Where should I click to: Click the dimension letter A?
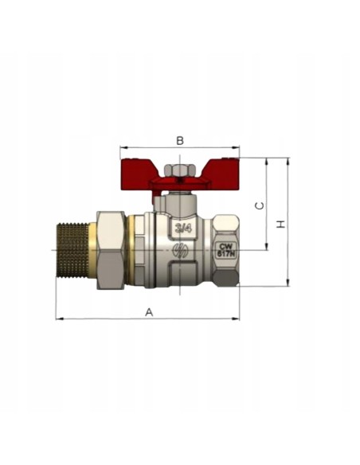148,312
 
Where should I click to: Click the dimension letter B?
180,141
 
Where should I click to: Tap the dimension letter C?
259,205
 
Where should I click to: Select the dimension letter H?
281,224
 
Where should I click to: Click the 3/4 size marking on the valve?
182,229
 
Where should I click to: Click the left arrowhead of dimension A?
58,319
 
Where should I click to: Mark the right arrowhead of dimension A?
237,319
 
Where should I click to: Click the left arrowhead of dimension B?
122,147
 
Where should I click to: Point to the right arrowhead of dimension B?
237,147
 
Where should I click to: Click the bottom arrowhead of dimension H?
288,283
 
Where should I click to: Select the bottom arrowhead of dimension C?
267,247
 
